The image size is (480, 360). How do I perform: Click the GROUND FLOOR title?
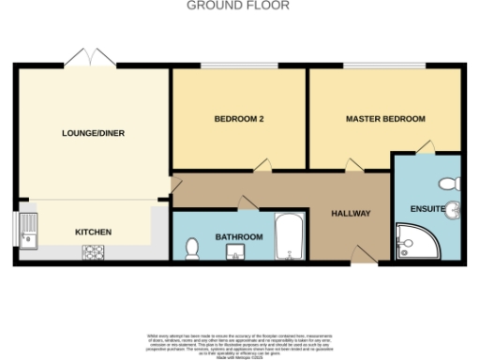[x=238, y=6]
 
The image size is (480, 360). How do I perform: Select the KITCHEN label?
[x=94, y=232]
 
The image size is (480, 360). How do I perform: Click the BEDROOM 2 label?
[x=238, y=120]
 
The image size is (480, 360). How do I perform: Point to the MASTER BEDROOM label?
[x=385, y=120]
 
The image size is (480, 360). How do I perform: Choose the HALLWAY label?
[x=352, y=214]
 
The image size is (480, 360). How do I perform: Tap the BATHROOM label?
[x=239, y=237]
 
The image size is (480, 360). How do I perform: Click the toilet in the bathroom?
[x=192, y=247]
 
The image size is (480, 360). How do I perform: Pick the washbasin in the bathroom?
[x=237, y=250]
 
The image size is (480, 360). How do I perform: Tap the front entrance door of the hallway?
[x=360, y=254]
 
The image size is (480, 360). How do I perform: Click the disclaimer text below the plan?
[x=238, y=343]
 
